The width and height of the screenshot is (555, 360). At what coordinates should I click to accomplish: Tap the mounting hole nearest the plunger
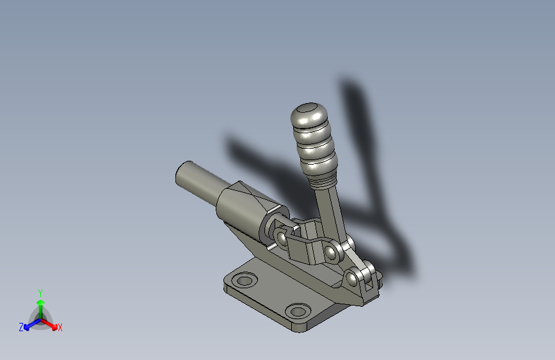point(244,280)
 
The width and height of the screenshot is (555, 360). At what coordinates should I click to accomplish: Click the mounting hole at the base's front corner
point(297,311)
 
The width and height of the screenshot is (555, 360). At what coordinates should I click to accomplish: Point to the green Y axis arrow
point(40,300)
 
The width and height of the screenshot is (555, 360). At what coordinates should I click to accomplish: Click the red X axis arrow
point(52,323)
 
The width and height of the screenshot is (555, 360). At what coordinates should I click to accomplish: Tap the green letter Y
point(40,291)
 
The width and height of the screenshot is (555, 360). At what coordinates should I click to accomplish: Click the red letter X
point(60,328)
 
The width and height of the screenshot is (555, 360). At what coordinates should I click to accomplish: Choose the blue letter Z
point(21,327)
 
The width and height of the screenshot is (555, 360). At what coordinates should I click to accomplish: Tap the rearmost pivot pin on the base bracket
point(353,277)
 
